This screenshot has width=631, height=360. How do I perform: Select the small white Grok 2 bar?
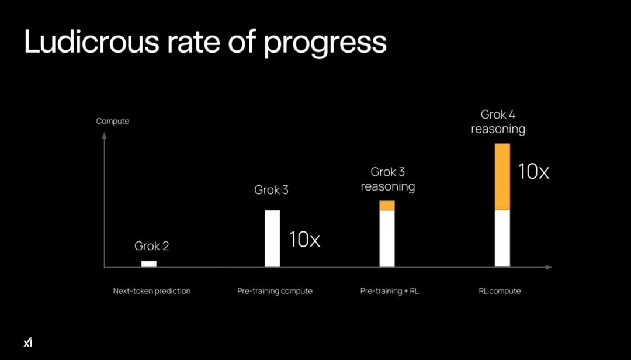149,264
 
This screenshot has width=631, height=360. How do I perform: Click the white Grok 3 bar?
272,238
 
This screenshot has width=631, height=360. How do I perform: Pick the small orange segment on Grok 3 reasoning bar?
387,206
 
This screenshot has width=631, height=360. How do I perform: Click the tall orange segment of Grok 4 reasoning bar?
502,176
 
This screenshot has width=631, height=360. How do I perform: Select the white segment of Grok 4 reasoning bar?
502,238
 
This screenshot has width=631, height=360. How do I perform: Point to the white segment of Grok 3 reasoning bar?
387,238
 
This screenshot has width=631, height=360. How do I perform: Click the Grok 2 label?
151,246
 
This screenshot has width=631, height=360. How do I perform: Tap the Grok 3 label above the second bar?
271,190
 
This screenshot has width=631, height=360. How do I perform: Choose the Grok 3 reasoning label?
387,179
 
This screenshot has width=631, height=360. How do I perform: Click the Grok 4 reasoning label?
498,122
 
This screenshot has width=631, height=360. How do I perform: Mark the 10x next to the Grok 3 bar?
305,239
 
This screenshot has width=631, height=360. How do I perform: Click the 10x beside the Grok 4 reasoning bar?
534,171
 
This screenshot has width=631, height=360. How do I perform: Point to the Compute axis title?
113,121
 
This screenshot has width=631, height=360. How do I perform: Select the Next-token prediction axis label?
152,291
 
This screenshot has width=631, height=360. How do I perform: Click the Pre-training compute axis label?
275,291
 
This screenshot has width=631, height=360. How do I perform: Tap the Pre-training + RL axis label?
389,291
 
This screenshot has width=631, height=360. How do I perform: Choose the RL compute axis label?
500,291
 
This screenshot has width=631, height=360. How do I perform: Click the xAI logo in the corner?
28,342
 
